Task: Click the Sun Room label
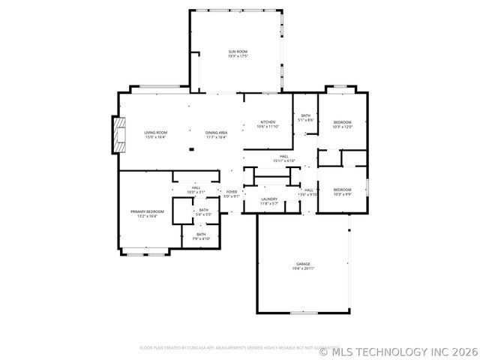click(238, 51)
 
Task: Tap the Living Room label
click(155, 133)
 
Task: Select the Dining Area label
click(217, 133)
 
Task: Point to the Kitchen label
click(268, 122)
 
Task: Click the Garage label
click(303, 264)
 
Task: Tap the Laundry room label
click(269, 199)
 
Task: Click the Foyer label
click(232, 192)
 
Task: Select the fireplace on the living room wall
click(117, 135)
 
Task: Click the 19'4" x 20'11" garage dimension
click(303, 268)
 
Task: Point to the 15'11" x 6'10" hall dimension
click(284, 160)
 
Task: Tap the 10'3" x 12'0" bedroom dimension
click(342, 127)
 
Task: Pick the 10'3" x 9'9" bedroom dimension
click(342, 193)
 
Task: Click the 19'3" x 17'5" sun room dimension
click(238, 55)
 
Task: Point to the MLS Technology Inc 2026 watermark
click(398, 350)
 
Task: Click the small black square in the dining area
click(190, 149)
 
